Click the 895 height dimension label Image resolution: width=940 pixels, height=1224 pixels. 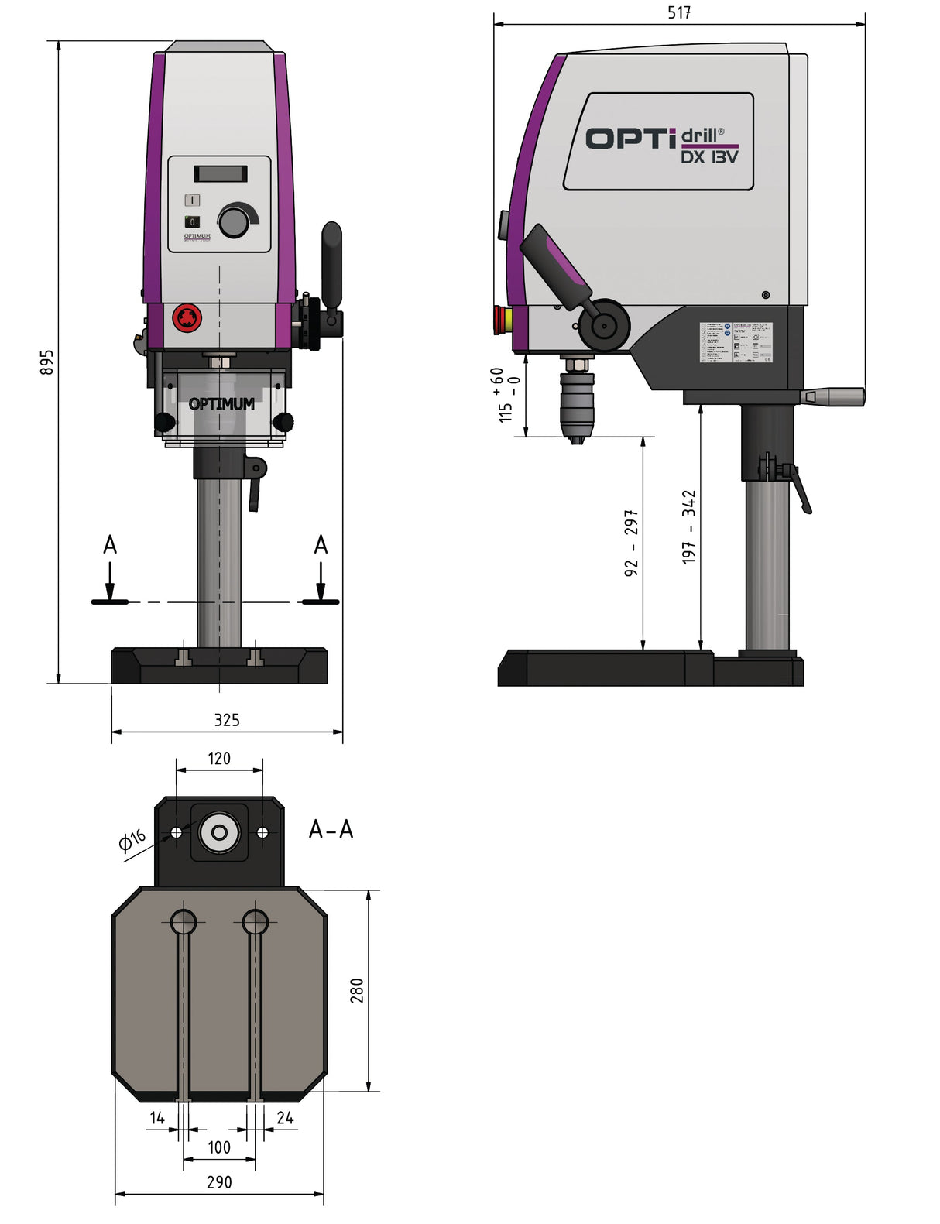point(47,362)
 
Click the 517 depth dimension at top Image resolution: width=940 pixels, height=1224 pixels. point(679,12)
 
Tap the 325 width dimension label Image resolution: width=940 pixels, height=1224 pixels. point(227,720)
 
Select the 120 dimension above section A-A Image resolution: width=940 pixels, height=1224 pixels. point(219,759)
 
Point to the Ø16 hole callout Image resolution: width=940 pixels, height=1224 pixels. point(132,839)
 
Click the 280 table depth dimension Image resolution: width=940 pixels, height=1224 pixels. point(357,990)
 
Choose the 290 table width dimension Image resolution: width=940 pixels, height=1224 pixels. point(219,1182)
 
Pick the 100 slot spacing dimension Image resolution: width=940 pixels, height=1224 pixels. point(219,1147)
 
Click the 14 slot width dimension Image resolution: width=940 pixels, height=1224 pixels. point(157,1118)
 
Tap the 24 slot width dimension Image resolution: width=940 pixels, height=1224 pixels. point(285,1118)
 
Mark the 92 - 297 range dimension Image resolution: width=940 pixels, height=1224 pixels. point(632,542)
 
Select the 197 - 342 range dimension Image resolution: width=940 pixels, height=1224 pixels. point(689,526)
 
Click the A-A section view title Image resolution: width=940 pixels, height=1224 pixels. point(331,830)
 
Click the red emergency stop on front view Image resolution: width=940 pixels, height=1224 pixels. point(187,317)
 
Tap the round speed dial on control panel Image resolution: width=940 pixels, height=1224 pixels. point(234,222)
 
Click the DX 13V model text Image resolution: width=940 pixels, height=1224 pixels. point(709,157)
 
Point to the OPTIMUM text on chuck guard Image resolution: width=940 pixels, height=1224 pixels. point(221,404)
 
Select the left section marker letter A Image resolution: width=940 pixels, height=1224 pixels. point(110,545)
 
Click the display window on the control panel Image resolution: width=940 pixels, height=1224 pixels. point(221,173)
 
